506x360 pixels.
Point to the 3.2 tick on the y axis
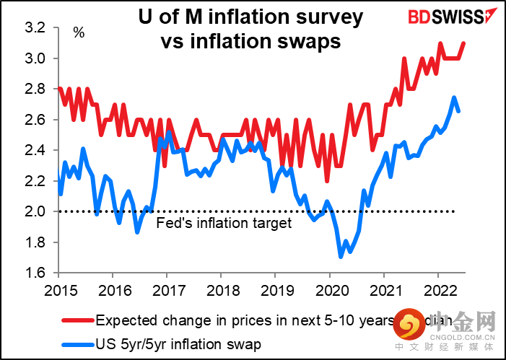(35, 27)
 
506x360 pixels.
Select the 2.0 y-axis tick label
(35, 211)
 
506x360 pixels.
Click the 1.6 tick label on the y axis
(35, 273)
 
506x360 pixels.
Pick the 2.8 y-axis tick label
(35, 89)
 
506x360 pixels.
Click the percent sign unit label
(79, 34)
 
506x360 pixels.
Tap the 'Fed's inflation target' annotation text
(224, 224)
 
